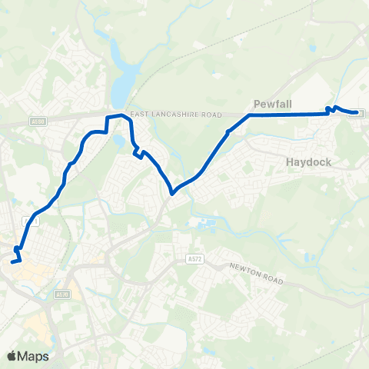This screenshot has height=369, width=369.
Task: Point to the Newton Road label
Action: (257, 274)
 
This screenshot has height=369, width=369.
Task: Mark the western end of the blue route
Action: (12, 263)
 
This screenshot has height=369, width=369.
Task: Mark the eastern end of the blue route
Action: (357, 114)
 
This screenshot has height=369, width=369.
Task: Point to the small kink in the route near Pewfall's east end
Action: (331, 109)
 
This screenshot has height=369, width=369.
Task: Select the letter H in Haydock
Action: (290, 163)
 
